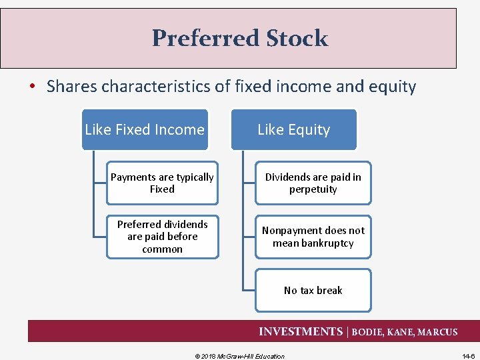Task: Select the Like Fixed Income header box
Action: point(145,129)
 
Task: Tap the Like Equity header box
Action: point(293,129)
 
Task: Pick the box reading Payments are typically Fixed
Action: point(162,183)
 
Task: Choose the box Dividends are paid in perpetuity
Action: point(313,183)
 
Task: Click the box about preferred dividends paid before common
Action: point(162,237)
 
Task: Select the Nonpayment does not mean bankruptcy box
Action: point(313,237)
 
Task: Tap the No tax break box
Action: point(313,290)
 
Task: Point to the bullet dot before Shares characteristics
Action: point(33,87)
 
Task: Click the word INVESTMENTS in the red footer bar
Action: point(300,331)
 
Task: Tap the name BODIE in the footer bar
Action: point(367,332)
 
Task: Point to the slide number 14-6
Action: point(468,356)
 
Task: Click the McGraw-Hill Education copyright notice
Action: point(239,356)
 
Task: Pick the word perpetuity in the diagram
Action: point(313,189)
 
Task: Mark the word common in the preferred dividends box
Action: point(162,249)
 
